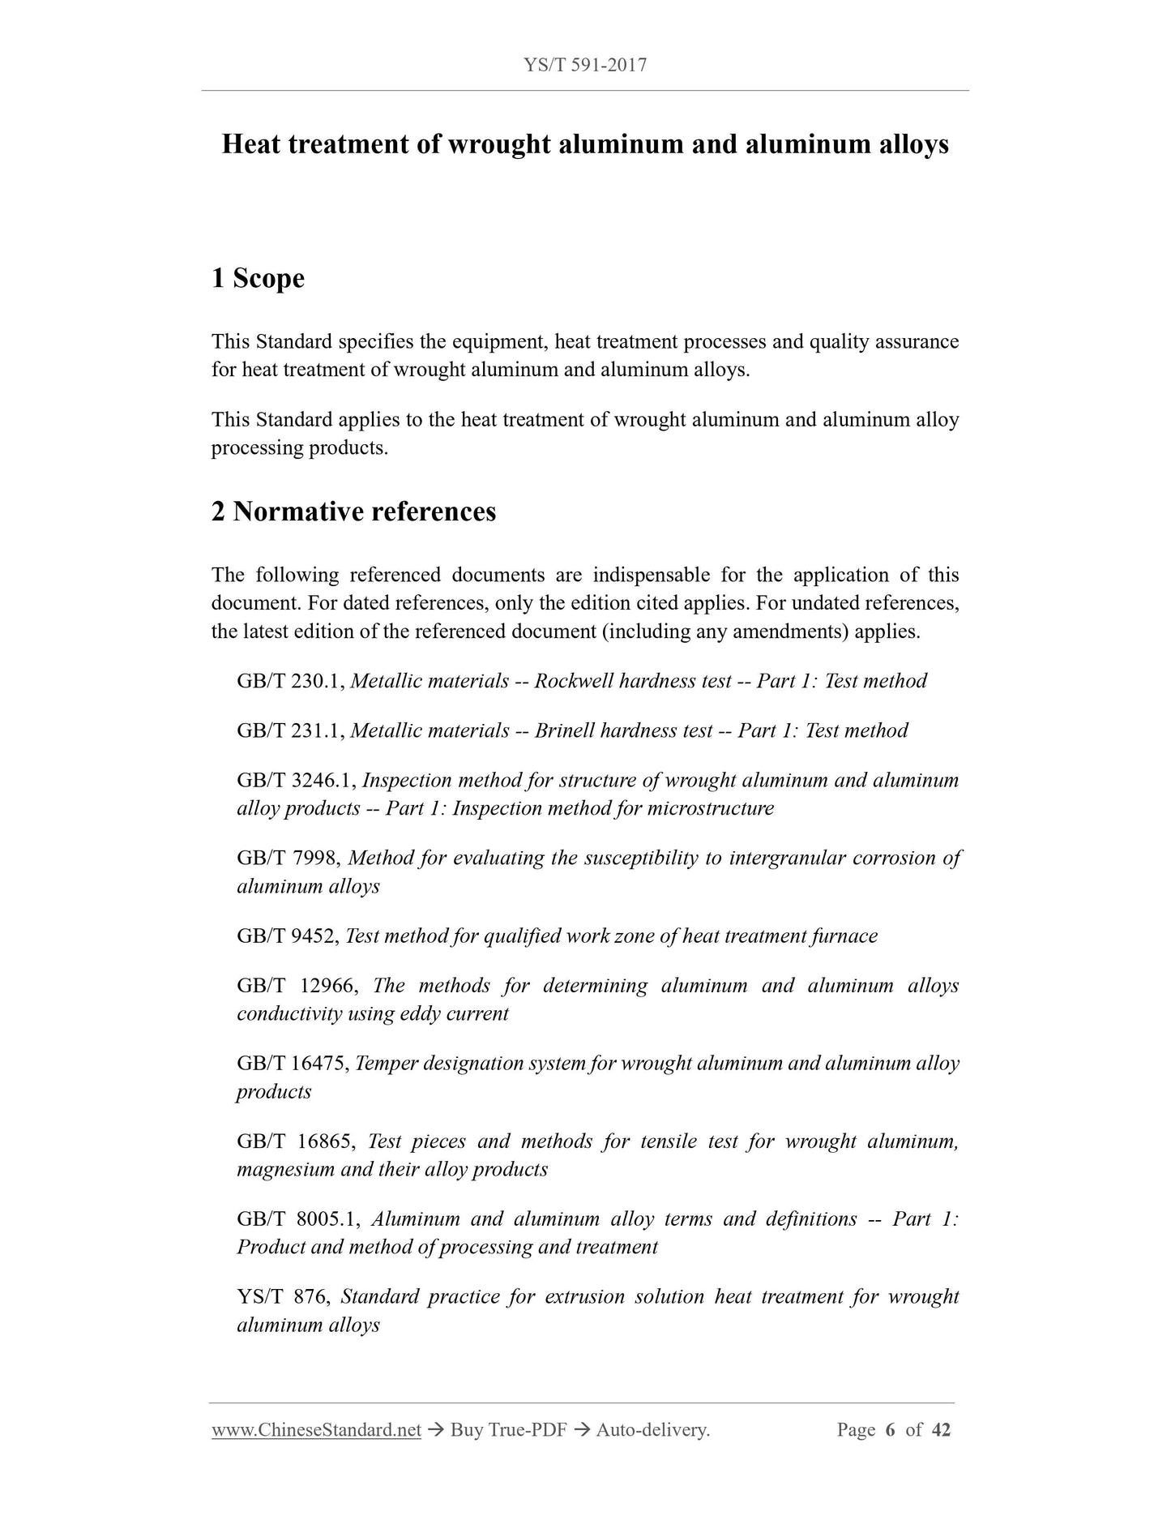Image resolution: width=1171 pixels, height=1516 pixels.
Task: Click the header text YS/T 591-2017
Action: click(585, 65)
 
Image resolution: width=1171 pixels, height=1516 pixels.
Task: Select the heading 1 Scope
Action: click(258, 278)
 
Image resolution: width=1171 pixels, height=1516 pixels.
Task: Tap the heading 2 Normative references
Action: click(353, 512)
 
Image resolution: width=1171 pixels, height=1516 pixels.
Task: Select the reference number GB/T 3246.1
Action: click(297, 781)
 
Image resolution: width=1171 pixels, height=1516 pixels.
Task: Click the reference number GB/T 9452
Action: click(287, 936)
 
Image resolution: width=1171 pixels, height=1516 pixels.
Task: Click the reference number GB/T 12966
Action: click(295, 986)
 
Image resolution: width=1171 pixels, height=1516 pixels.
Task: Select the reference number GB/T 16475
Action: click(293, 1064)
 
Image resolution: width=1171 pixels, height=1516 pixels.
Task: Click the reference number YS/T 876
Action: click(282, 1297)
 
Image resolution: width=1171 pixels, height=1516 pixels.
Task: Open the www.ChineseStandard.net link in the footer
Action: click(316, 1430)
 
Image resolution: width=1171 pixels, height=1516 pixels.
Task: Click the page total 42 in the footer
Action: click(941, 1430)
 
